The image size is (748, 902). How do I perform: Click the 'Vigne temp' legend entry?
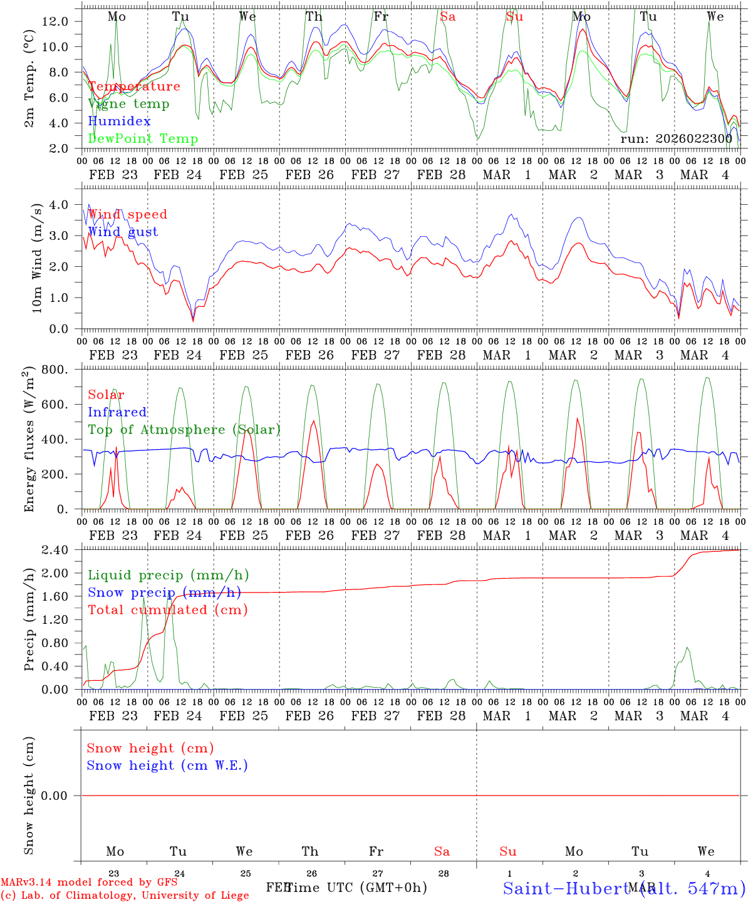pos(128,104)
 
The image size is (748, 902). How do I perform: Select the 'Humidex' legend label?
pos(119,122)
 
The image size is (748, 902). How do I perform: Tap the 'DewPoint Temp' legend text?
pos(143,139)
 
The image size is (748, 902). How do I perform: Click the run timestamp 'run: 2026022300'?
pos(676,139)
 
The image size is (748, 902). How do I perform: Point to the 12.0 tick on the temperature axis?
pos(55,21)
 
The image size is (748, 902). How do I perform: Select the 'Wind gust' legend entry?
pos(123,232)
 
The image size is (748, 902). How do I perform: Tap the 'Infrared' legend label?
pos(117,412)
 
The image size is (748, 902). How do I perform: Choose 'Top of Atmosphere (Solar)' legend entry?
pos(184,430)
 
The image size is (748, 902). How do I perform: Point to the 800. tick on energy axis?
pos(55,370)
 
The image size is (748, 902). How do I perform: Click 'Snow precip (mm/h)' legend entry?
pos(164,593)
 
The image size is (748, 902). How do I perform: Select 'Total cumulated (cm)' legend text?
pos(167,610)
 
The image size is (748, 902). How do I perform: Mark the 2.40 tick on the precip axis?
pos(55,550)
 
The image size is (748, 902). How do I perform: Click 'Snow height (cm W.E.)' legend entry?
pos(167,765)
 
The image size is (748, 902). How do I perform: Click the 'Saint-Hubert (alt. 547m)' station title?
pos(624,888)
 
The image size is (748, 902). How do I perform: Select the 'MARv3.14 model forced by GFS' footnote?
pos(89,882)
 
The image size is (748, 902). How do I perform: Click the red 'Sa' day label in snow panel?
pos(442,851)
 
